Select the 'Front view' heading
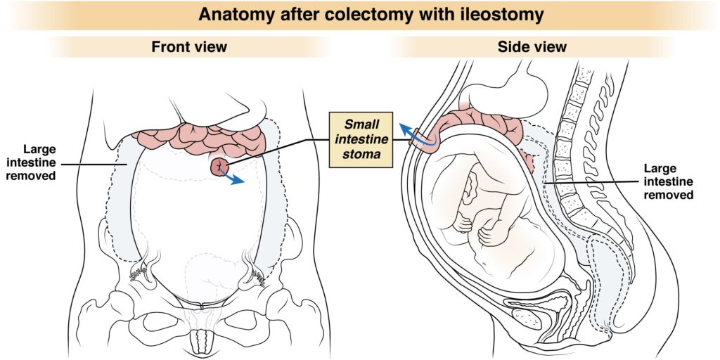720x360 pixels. tap(189, 47)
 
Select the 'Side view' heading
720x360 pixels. tap(532, 47)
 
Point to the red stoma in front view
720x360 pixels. tap(219, 167)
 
